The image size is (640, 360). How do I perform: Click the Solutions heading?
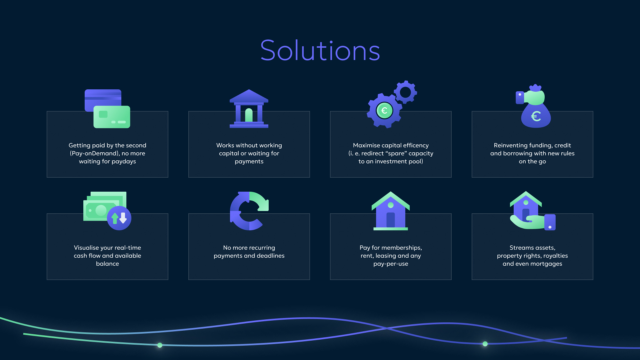[320, 51]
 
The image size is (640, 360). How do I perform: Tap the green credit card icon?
[112, 117]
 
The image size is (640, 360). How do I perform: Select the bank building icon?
[249, 109]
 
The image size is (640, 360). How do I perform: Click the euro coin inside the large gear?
[384, 111]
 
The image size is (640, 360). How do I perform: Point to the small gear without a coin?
[405, 92]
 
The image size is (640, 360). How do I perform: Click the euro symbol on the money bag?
[536, 116]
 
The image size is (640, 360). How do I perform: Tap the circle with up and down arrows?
[119, 218]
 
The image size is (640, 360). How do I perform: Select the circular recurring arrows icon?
[249, 211]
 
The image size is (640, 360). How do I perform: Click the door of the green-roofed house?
[391, 220]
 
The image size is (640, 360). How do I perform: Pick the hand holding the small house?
[533, 222]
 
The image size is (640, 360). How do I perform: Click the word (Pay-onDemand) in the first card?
[94, 153]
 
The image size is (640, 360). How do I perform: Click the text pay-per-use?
[391, 264]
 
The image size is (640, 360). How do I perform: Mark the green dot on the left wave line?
[160, 345]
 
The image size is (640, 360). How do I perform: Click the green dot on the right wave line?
[485, 344]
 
